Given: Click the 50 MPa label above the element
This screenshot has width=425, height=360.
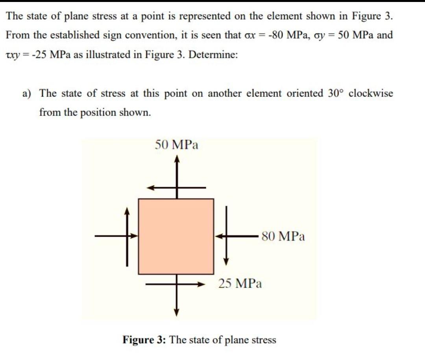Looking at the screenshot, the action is point(176,145).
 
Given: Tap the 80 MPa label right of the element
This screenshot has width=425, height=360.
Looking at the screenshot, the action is point(283,236).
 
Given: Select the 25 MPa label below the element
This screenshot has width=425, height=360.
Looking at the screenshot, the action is point(240,283).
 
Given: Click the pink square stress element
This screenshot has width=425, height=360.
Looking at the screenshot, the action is point(176,236).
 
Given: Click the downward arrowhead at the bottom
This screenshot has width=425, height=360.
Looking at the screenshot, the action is point(177,313).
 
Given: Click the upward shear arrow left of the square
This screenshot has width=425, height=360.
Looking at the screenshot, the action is point(127,213).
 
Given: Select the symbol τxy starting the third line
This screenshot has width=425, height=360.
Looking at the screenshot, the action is point(13,54).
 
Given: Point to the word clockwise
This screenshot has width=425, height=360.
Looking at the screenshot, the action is point(371,93).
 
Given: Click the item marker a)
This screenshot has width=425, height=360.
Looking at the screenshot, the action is point(27,93).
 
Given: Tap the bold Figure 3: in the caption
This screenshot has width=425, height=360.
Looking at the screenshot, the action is point(145,340).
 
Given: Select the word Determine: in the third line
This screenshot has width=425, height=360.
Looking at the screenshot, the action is point(213,54).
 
